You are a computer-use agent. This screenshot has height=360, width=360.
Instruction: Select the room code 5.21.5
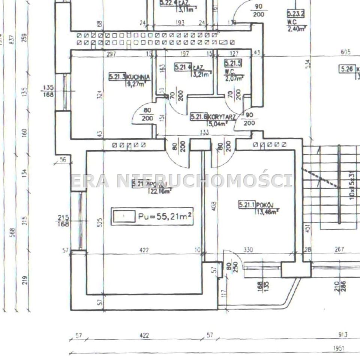[x=233, y=63]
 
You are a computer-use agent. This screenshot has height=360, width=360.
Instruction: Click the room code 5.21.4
[x=183, y=67]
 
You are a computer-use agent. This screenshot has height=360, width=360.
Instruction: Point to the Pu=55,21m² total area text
[x=165, y=216]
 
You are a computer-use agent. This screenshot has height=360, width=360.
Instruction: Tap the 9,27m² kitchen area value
[x=135, y=84]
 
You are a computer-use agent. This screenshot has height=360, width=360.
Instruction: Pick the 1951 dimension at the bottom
[x=339, y=349]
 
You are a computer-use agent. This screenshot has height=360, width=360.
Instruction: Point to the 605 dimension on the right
[x=346, y=52]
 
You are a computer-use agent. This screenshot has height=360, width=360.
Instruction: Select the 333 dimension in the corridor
[x=204, y=132]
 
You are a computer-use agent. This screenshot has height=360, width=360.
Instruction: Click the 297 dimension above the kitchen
[x=111, y=54]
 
